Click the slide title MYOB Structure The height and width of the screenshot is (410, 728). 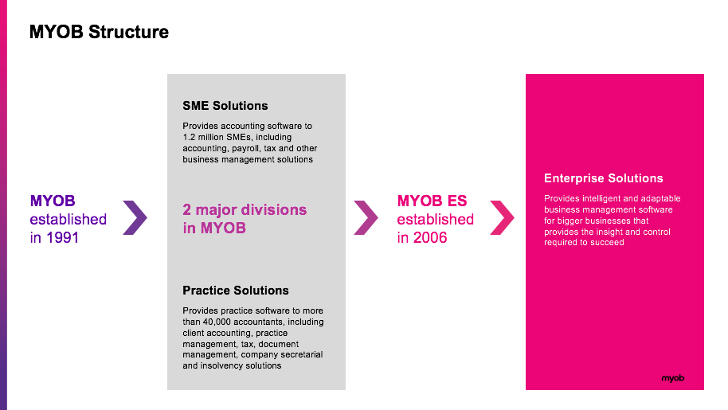click(x=99, y=32)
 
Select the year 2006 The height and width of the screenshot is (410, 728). click(x=430, y=237)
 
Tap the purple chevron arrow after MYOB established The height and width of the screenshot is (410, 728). click(x=135, y=217)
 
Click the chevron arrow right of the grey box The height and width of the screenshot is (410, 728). click(x=366, y=217)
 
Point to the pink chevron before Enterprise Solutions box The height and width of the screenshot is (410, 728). click(x=503, y=217)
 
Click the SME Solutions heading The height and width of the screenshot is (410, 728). click(x=225, y=106)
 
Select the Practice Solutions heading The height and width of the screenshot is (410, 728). click(x=236, y=291)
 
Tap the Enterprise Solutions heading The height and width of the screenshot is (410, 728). click(x=604, y=178)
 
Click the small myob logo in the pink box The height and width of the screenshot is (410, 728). click(x=673, y=378)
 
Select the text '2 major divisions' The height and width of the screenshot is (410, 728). click(x=245, y=209)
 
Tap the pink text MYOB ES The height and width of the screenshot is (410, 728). click(x=432, y=201)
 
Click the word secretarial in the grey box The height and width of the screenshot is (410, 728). click(x=301, y=354)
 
